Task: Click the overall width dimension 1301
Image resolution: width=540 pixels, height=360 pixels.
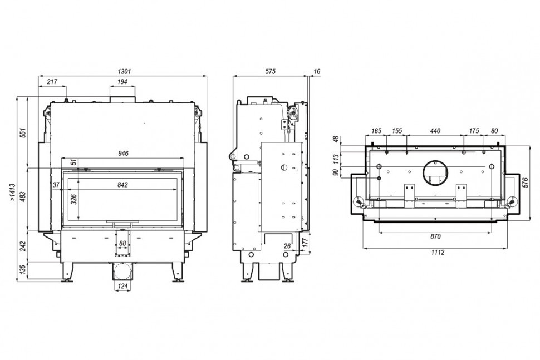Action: click(x=124, y=72)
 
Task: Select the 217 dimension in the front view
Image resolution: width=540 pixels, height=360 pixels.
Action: click(x=52, y=82)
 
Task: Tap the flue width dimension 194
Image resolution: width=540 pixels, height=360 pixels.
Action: click(x=122, y=82)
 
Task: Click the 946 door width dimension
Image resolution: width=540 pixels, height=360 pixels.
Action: click(x=123, y=154)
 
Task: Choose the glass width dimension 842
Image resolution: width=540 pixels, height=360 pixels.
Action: click(x=122, y=185)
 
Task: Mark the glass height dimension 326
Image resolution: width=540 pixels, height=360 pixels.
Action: click(x=73, y=199)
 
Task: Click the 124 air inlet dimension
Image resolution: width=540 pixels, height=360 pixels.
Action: click(x=122, y=286)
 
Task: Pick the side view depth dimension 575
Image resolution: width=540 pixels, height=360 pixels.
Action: click(x=271, y=72)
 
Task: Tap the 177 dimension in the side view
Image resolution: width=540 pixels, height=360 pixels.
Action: click(x=305, y=243)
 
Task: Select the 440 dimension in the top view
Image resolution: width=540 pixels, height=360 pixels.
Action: click(x=435, y=131)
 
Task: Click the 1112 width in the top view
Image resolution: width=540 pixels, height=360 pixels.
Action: click(x=438, y=252)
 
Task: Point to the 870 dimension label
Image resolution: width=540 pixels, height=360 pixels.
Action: click(x=435, y=236)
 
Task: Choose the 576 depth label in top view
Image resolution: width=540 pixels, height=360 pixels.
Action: click(x=525, y=183)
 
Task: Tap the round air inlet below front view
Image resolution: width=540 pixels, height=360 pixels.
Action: click(x=122, y=272)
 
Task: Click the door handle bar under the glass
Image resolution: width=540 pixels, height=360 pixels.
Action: click(x=123, y=222)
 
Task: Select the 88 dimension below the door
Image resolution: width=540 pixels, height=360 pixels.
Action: click(x=122, y=243)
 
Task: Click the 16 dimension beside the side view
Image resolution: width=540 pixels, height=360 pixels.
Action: click(x=317, y=72)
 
